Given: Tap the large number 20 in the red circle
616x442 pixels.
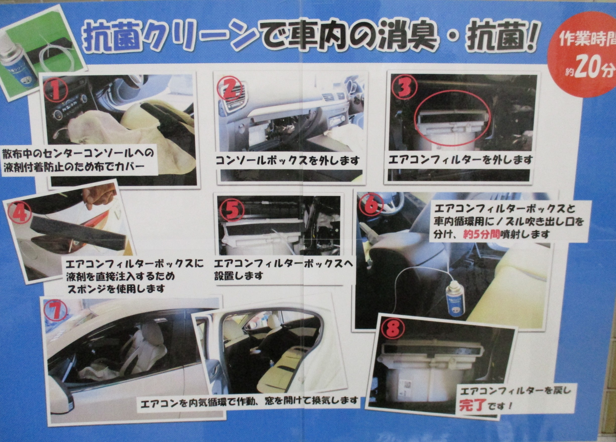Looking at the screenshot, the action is (587, 70).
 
